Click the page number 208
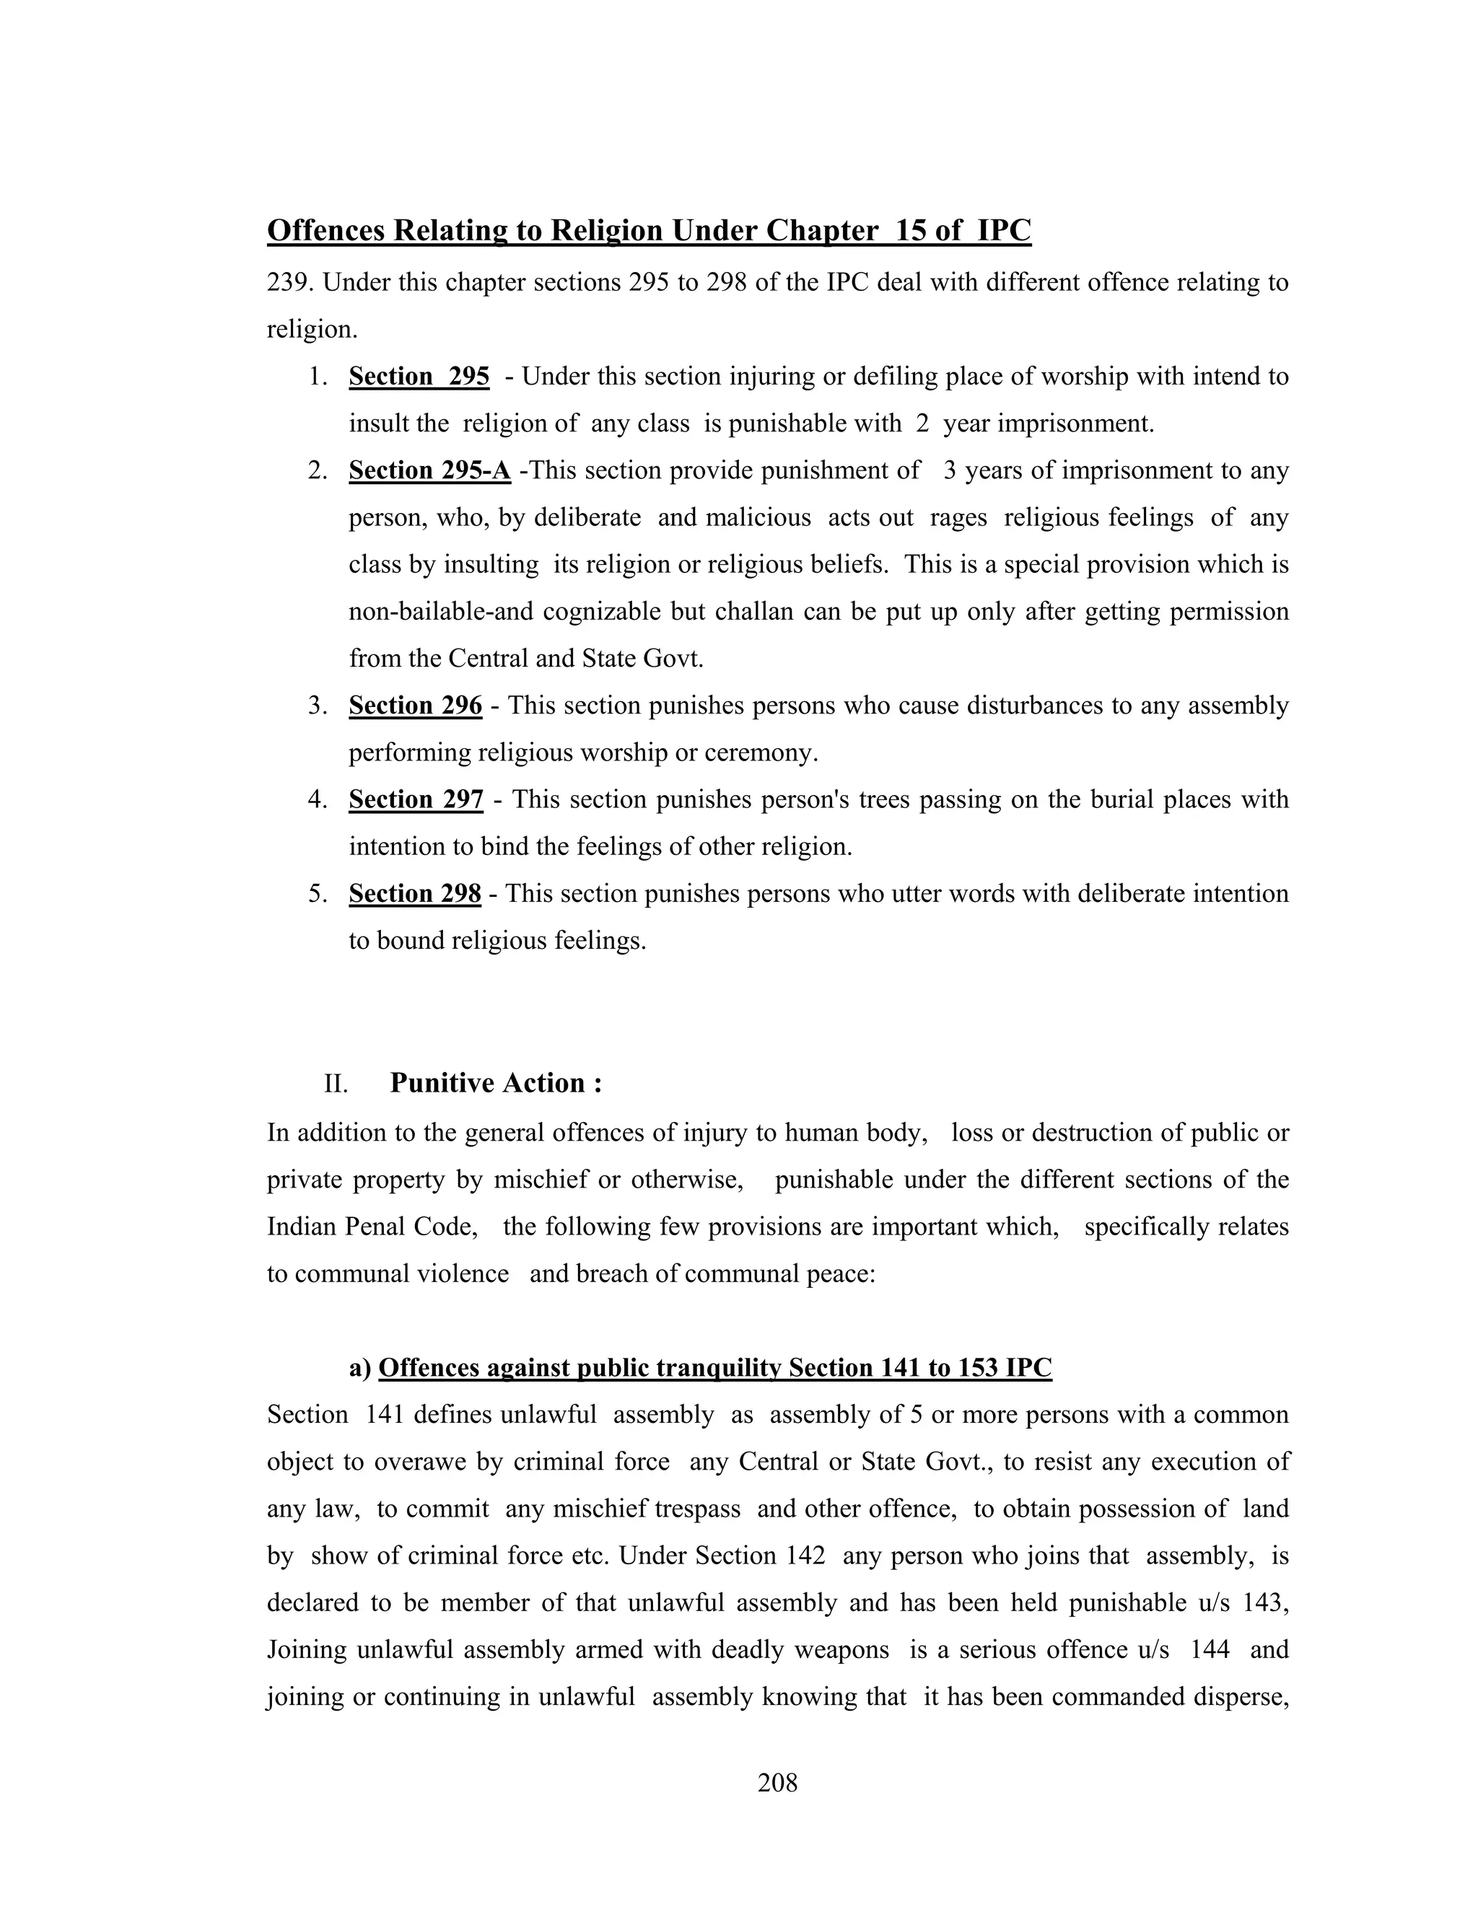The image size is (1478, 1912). pos(777,1782)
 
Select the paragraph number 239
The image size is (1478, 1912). pos(290,283)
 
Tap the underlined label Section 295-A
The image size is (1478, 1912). pos(429,471)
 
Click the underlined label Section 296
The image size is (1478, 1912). pos(415,706)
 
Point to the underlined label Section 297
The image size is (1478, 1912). pos(416,799)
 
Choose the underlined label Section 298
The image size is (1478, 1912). pos(414,894)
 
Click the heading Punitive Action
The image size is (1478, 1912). pos(496,1083)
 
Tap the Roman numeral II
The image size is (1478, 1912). pos(336,1084)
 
